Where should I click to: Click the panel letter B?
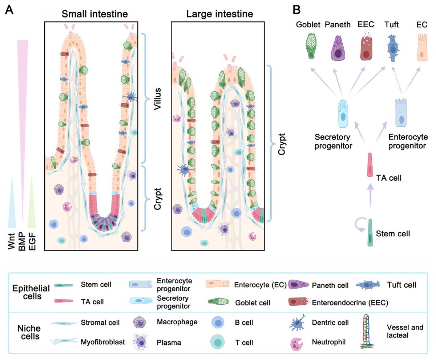[x=296, y=10]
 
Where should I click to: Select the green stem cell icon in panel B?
[x=370, y=233]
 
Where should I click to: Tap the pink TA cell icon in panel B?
[x=370, y=165]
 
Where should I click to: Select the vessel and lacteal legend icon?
[x=370, y=332]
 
